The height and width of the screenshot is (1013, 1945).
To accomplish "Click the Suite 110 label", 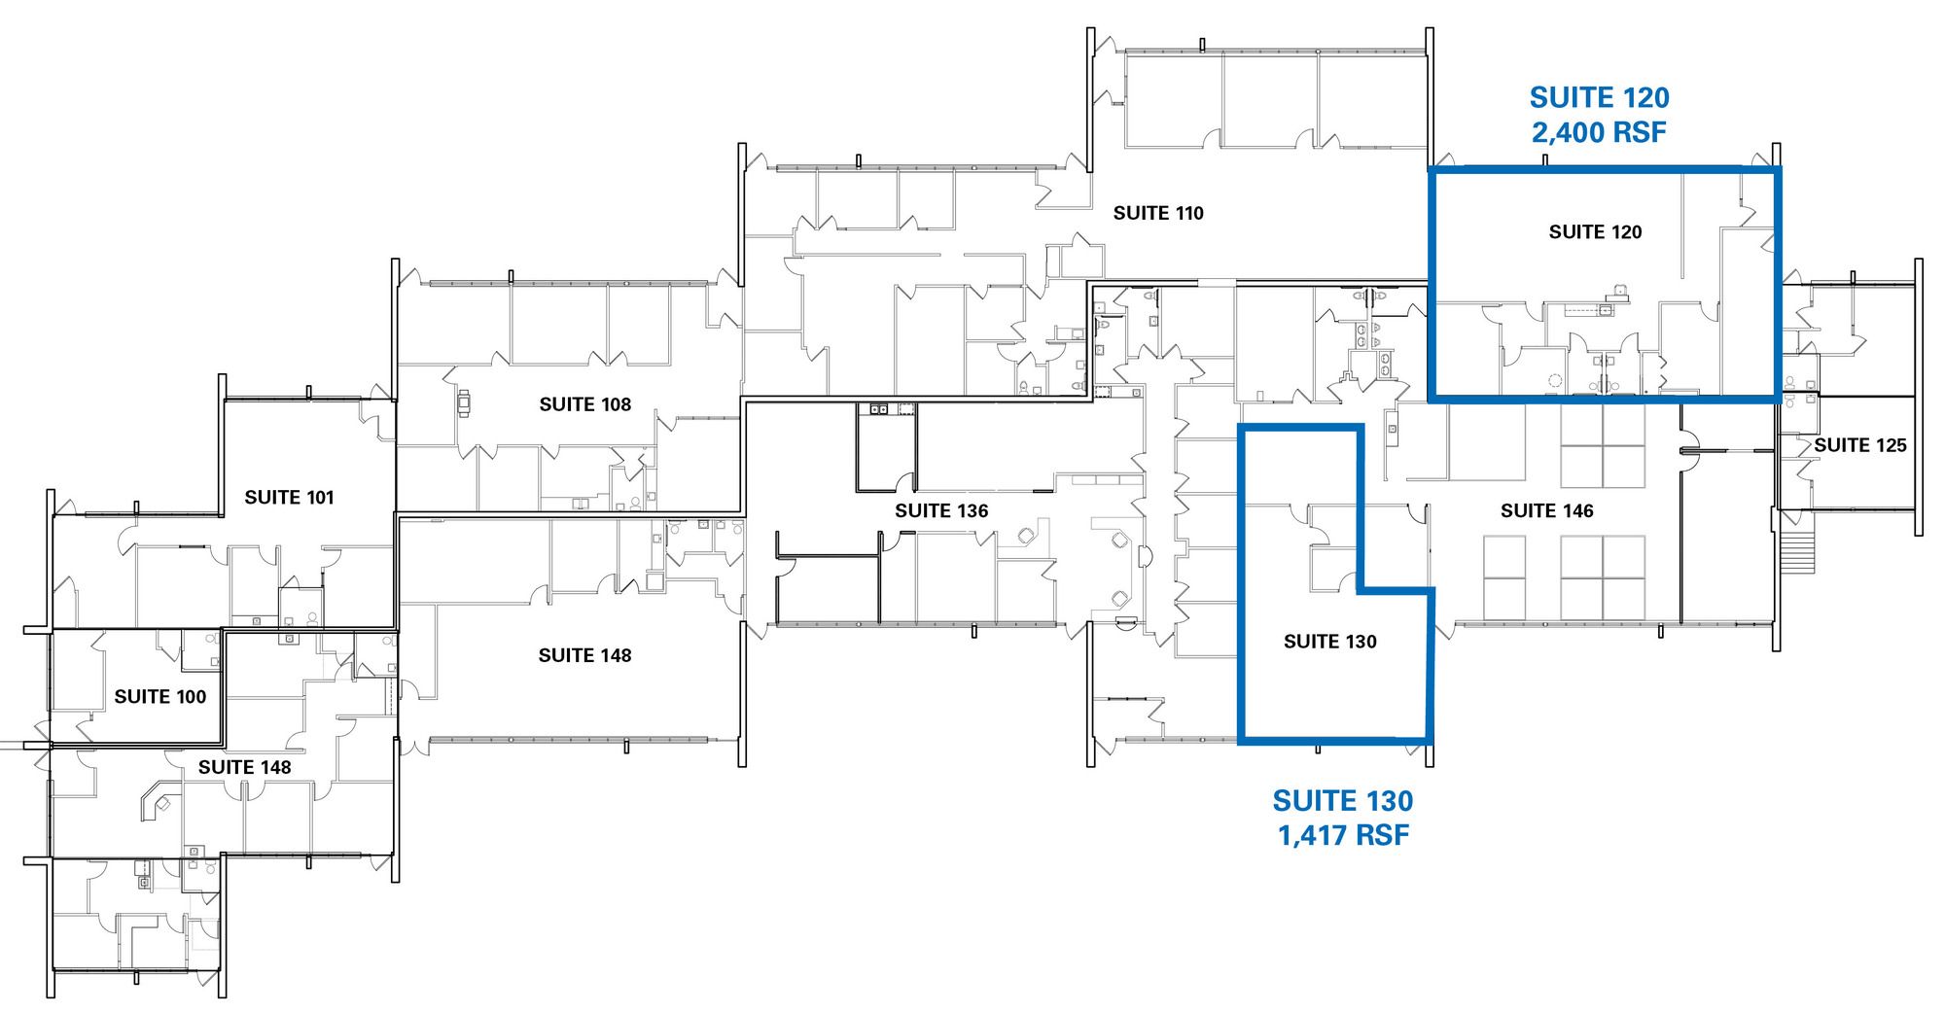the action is [x=1158, y=213].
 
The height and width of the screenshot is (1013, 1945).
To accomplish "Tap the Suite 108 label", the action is [x=585, y=404].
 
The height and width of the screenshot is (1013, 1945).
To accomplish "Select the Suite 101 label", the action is [x=289, y=498].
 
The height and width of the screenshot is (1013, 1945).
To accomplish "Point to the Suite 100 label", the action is [x=160, y=697].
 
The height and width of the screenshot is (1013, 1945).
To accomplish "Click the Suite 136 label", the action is [x=941, y=511].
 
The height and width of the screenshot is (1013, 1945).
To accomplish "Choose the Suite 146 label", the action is [x=1547, y=511].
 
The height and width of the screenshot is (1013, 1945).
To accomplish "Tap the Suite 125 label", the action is [x=1860, y=445].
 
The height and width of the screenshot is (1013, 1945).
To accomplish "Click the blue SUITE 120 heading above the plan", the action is [x=1600, y=97].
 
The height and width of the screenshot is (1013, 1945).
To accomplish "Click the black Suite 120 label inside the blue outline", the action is [x=1596, y=232].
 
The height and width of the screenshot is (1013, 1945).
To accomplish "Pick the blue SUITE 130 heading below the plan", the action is [x=1343, y=801].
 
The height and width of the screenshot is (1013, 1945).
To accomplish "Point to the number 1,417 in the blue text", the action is [x=1310, y=835].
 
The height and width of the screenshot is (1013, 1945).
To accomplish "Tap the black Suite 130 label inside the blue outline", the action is [x=1330, y=642].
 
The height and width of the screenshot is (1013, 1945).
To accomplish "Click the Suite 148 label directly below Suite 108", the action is [x=585, y=656].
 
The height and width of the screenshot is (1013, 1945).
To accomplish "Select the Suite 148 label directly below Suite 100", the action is [x=245, y=768].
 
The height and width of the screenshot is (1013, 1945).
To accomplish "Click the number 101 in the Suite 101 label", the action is [x=316, y=498].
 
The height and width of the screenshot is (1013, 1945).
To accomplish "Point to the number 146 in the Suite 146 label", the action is [x=1575, y=511].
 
